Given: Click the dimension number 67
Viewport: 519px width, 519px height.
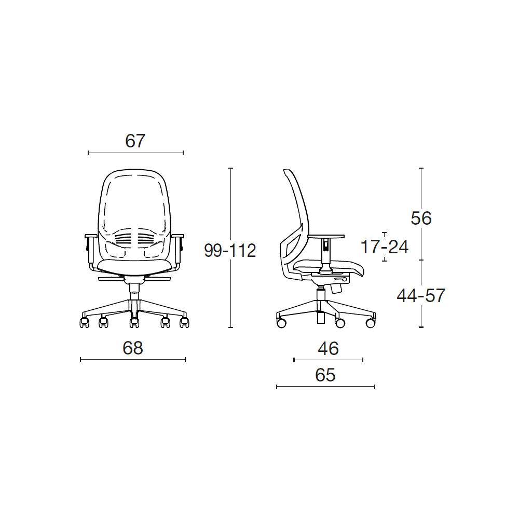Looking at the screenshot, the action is [x=135, y=141].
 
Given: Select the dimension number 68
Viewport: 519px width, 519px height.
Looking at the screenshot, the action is [x=133, y=348].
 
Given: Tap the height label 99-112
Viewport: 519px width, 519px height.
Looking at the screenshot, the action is [x=230, y=250].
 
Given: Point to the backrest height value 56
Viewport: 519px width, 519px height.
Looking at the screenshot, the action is [x=421, y=218].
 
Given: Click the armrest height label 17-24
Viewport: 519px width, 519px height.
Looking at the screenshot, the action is [x=384, y=247].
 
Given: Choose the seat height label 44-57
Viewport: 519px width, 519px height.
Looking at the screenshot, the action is [x=421, y=296].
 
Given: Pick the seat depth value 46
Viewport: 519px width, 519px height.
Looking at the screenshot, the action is [x=328, y=348].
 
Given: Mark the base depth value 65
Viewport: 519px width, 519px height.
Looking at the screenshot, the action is [x=325, y=375].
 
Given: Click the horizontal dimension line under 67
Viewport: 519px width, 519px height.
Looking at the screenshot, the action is [x=135, y=153].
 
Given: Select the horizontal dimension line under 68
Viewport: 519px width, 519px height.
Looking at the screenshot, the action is [x=133, y=360].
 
